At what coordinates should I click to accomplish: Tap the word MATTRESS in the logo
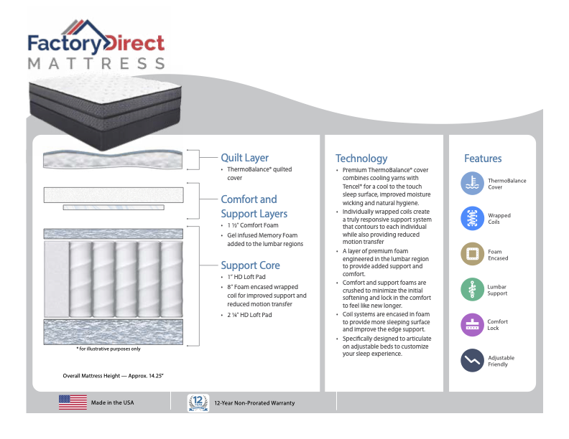click(96, 63)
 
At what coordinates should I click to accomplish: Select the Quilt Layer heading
click(245, 158)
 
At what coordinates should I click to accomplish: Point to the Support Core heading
click(250, 265)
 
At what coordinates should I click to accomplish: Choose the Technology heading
click(361, 159)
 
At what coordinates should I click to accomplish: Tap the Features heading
click(483, 159)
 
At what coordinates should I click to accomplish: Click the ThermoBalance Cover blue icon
click(472, 184)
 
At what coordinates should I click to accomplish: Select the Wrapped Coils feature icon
click(472, 219)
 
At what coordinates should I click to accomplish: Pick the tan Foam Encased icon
click(472, 254)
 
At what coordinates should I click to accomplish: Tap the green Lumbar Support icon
click(472, 289)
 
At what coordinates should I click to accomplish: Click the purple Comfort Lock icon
click(472, 324)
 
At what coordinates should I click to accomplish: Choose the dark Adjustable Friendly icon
click(472, 360)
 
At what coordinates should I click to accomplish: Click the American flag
click(73, 402)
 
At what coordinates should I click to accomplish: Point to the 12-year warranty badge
click(198, 402)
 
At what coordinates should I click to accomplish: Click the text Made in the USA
click(112, 403)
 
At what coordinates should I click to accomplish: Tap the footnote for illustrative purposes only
click(108, 349)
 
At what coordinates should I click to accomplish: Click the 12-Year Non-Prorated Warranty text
click(254, 403)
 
